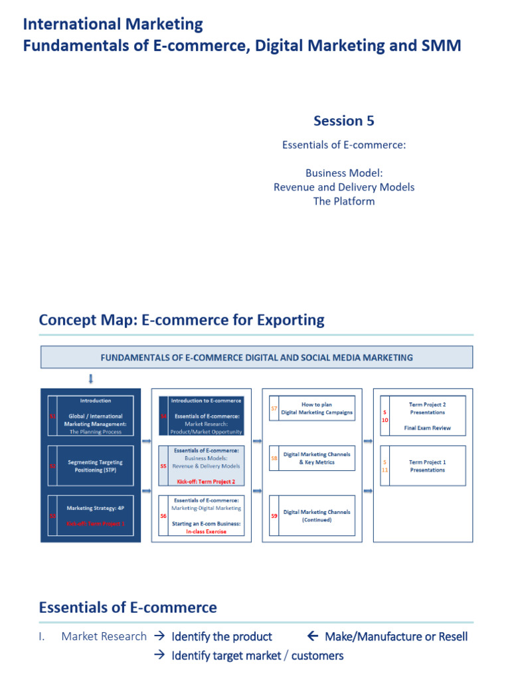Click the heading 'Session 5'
click(343, 120)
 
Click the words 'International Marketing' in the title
click(113, 25)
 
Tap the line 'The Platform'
click(343, 201)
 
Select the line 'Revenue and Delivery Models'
click(343, 187)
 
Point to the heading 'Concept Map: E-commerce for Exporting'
click(181, 320)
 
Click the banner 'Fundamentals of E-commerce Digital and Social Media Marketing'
click(256, 357)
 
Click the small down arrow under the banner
click(91, 379)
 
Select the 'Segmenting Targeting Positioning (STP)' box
click(95, 466)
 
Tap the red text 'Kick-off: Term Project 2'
click(206, 481)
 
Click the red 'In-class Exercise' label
click(206, 531)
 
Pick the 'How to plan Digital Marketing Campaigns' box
click(317, 408)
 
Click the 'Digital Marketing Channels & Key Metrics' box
click(317, 458)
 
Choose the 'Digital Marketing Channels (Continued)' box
click(317, 516)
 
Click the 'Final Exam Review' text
click(427, 428)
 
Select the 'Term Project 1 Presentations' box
click(427, 466)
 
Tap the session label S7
click(274, 409)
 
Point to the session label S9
click(274, 516)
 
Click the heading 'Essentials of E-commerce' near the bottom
click(127, 607)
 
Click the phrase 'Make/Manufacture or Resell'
click(396, 636)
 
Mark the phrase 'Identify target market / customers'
click(258, 656)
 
